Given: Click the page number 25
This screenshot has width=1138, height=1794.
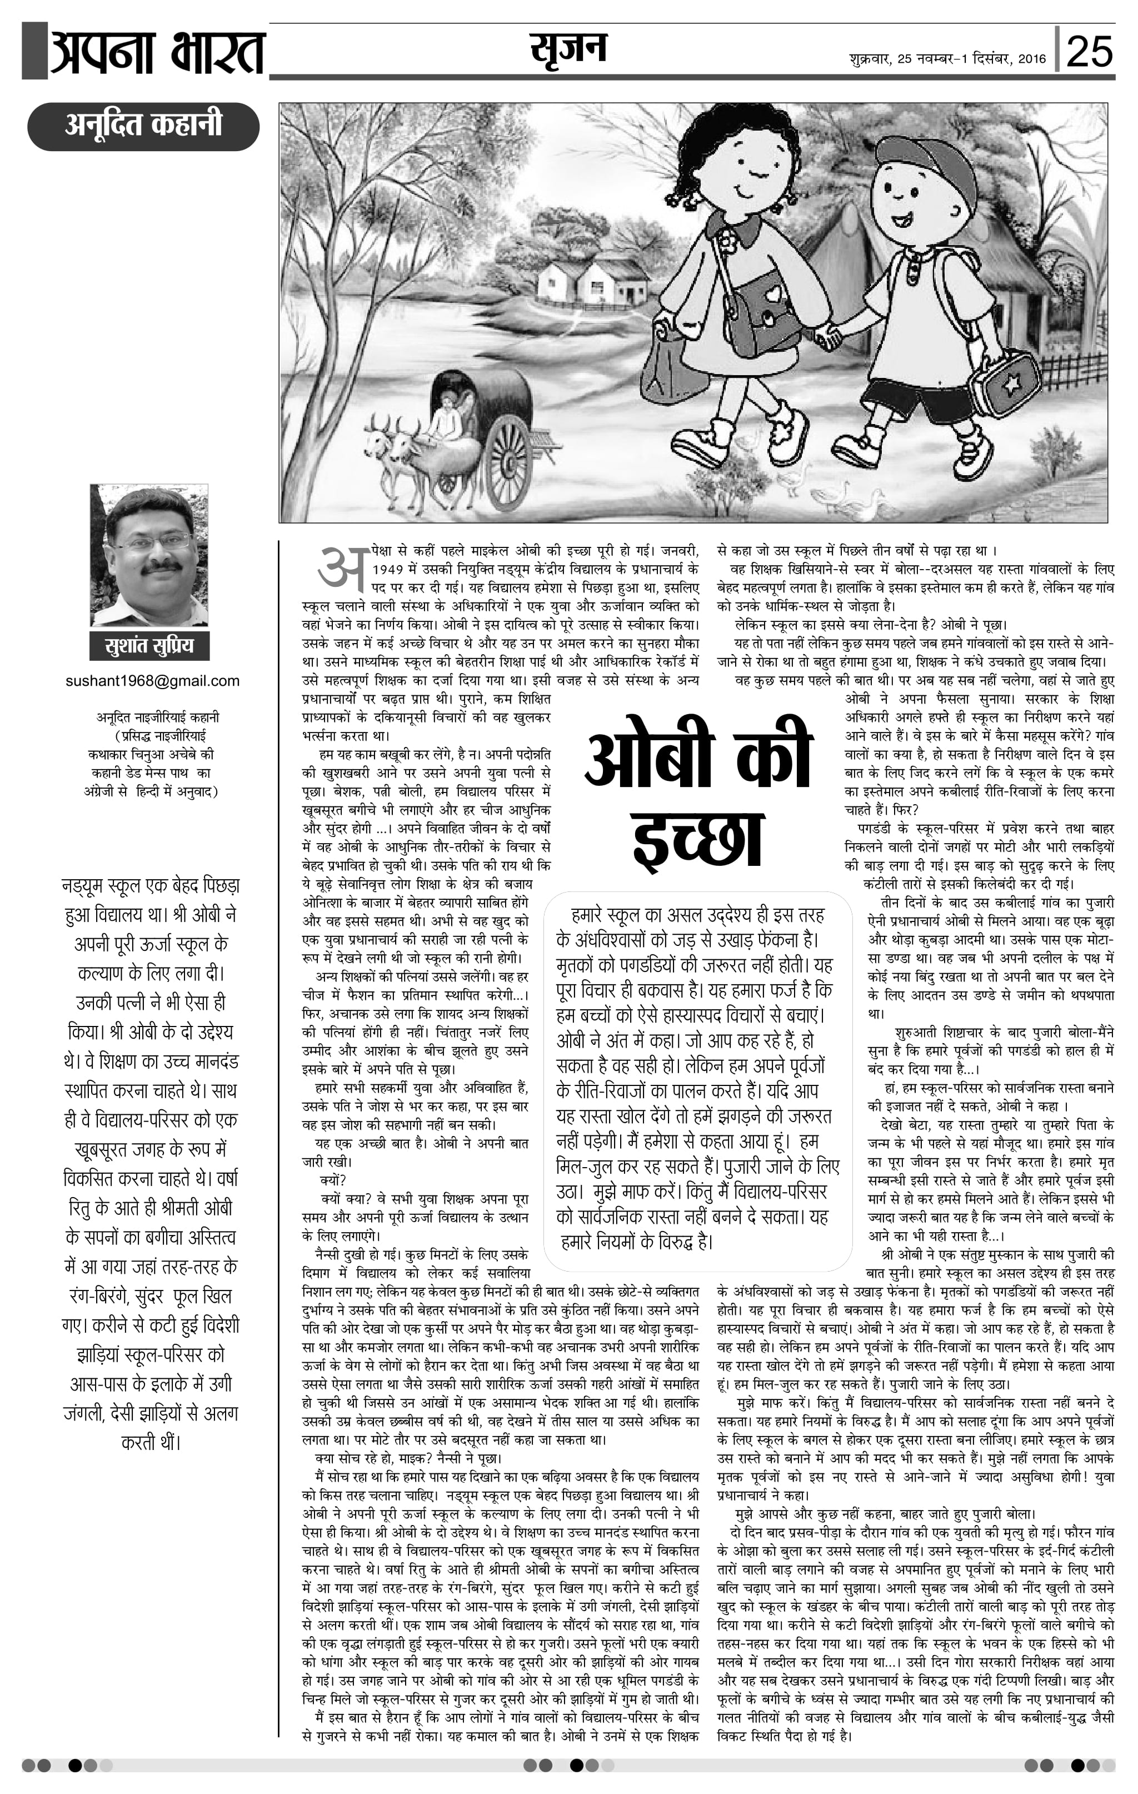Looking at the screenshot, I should pyautogui.click(x=1090, y=51).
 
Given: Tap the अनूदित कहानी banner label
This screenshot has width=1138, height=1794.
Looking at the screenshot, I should pyautogui.click(x=143, y=125).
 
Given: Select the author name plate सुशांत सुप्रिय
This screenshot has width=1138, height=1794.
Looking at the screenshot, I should pyautogui.click(x=149, y=645).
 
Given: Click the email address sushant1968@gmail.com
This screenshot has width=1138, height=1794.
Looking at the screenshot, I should pyautogui.click(x=153, y=680).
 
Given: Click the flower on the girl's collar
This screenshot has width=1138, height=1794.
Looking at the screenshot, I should pyautogui.click(x=727, y=241).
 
